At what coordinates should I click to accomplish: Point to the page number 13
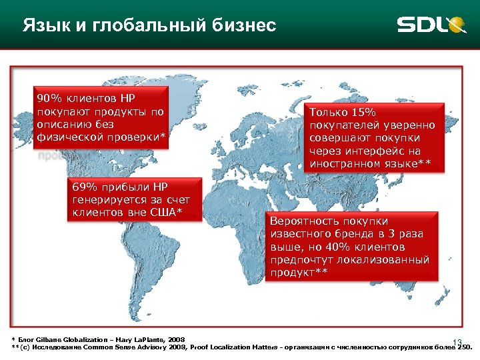[x=457, y=341]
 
